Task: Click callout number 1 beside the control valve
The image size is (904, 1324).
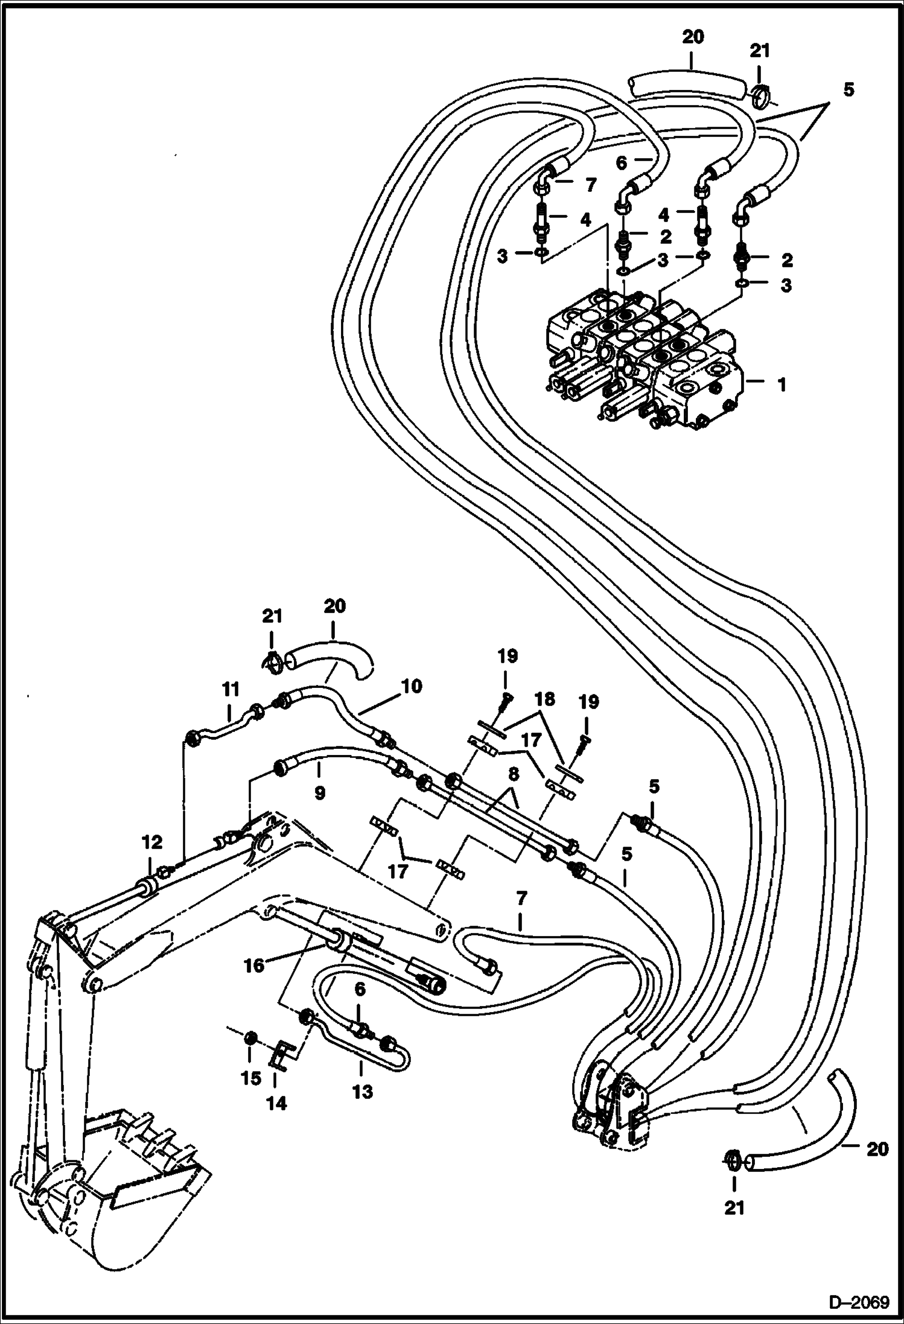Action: tap(781, 384)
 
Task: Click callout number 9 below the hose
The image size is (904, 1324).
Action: tap(319, 792)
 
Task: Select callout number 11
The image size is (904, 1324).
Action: tap(231, 689)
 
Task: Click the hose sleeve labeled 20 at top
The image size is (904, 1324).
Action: tap(685, 81)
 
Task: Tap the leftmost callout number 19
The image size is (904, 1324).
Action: tap(507, 656)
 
